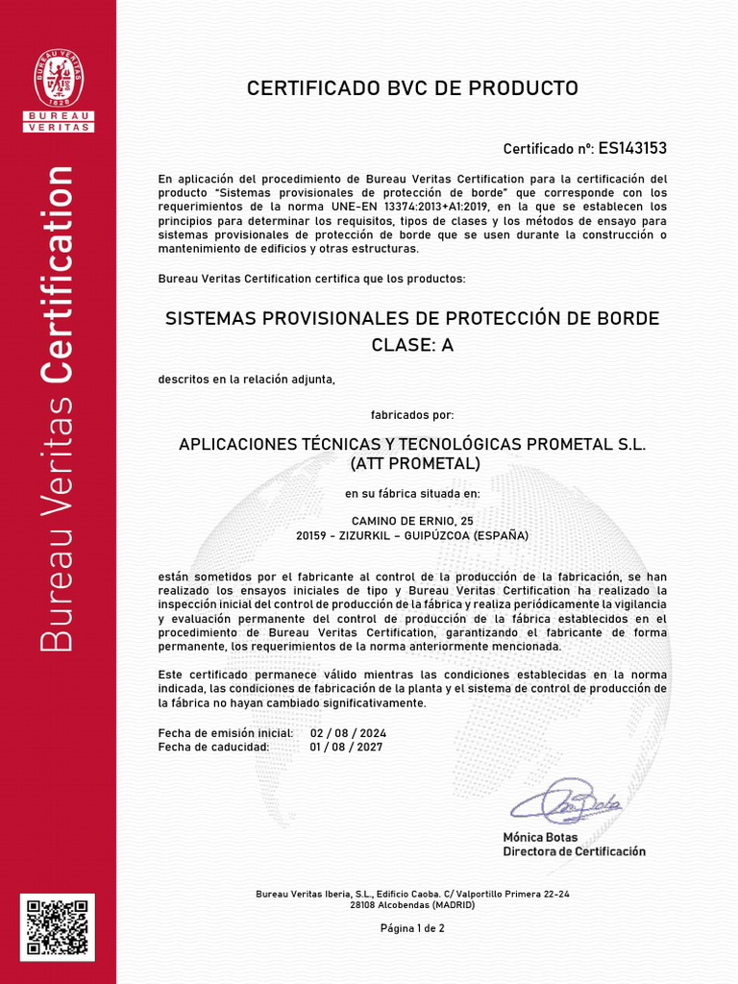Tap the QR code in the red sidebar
click(58, 926)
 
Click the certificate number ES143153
click(632, 148)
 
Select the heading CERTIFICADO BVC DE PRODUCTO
click(412, 88)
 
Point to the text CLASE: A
click(412, 346)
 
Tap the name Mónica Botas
click(540, 838)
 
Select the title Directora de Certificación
click(574, 851)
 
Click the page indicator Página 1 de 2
click(412, 928)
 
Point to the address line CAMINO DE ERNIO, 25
click(412, 521)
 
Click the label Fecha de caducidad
click(213, 747)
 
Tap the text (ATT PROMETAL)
click(412, 464)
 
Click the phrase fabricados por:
click(412, 415)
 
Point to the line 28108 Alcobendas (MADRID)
click(412, 905)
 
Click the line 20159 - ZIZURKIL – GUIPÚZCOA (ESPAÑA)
click(412, 535)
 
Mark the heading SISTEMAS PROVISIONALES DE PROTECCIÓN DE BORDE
click(412, 318)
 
